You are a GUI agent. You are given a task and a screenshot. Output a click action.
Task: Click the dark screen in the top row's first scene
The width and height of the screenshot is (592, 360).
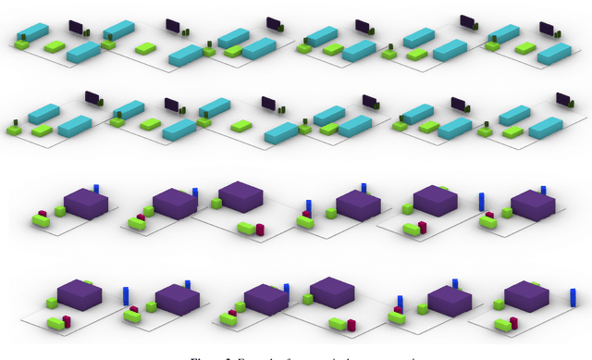click(x=75, y=27)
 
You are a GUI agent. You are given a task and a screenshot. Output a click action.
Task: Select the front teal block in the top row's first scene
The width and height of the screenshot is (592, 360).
click(x=83, y=52)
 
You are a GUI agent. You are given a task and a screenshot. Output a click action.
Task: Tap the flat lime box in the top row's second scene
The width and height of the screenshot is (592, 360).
click(x=145, y=47)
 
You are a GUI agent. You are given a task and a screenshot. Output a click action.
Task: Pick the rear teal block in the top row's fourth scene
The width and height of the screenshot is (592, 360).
click(x=322, y=36)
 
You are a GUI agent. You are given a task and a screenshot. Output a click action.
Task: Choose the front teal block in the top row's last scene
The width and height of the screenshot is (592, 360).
click(x=554, y=53)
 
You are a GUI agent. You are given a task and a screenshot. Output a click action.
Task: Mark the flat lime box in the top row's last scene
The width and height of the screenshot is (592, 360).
click(x=525, y=48)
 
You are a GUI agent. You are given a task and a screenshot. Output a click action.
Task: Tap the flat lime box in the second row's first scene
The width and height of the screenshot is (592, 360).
click(x=42, y=130)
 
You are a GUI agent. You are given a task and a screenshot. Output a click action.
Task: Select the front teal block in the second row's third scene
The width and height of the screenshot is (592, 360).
click(x=281, y=133)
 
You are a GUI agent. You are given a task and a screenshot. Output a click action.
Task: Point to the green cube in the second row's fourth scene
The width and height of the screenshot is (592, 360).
click(x=304, y=129)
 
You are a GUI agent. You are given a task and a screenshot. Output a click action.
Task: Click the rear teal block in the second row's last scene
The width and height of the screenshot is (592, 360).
click(x=514, y=115)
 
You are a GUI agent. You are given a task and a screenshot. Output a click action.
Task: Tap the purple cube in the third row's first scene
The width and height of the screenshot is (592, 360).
click(x=86, y=203)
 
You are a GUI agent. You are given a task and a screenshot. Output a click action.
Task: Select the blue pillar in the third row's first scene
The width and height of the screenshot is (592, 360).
click(x=95, y=190)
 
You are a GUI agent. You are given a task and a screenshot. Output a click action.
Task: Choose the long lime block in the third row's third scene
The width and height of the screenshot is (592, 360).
click(x=246, y=228)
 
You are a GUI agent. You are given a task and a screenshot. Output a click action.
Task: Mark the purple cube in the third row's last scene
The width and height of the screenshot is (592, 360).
click(x=533, y=205)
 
